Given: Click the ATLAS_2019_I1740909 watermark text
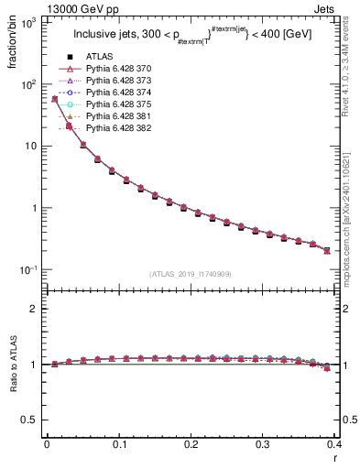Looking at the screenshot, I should (190, 274).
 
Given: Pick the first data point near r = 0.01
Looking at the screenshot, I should (54, 99).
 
